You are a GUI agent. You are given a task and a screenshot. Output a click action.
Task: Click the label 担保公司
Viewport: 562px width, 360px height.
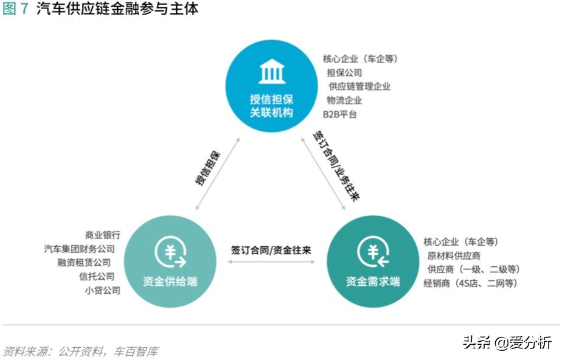(344, 73)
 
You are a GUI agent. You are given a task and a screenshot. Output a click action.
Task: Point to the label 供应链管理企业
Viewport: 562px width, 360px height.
(359, 86)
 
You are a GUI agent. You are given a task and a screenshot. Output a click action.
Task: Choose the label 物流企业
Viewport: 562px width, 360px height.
(344, 100)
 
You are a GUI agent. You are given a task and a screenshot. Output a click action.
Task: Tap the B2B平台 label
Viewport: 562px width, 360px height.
(340, 114)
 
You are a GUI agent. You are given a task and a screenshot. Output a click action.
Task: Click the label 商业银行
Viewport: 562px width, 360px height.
(103, 234)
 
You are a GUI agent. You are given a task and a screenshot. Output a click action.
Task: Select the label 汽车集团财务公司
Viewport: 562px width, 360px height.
(79, 248)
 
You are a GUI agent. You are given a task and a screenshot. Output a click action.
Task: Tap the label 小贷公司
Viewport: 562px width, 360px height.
(103, 290)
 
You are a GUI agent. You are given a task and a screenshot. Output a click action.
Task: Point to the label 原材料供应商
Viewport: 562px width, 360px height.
(453, 255)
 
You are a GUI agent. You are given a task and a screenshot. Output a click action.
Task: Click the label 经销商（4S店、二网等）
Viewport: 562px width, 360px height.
(471, 283)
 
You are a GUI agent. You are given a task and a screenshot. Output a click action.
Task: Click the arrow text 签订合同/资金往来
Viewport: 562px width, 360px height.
(271, 249)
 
